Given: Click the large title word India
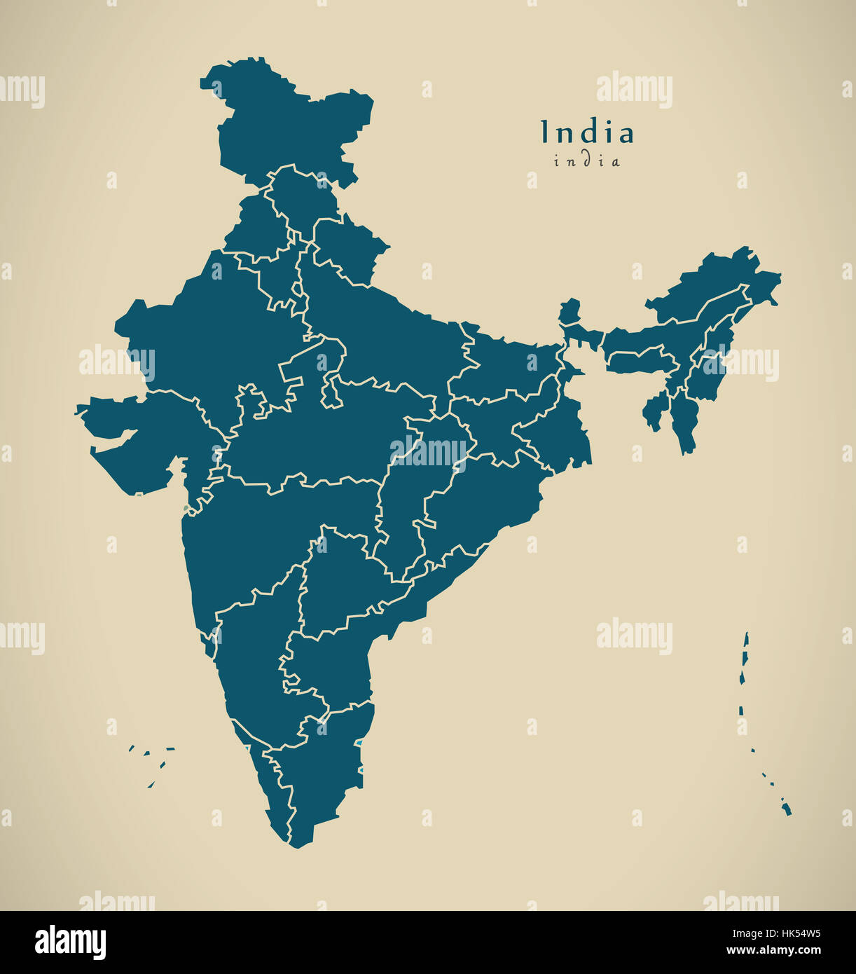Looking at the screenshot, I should tap(587, 132).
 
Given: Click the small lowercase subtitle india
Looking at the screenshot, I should tap(587, 161).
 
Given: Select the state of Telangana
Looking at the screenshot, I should tap(336, 582).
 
